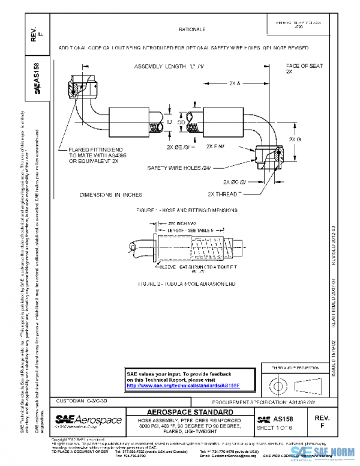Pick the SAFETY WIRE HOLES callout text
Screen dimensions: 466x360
176,168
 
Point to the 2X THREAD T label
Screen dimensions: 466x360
224,195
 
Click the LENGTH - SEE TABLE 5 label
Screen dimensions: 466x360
190,230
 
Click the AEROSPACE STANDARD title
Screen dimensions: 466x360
190,413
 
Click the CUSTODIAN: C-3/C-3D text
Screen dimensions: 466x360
82,400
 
